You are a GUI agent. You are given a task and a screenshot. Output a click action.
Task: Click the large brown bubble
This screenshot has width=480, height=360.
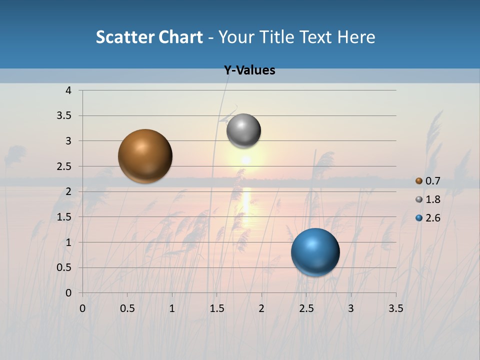click(x=145, y=156)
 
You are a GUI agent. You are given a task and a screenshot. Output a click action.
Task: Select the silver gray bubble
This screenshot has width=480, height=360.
click(x=243, y=131)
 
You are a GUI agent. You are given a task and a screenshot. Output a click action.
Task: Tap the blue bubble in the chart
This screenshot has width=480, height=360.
click(x=315, y=252)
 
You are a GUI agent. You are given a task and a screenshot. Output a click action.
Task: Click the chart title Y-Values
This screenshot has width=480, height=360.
click(x=249, y=70)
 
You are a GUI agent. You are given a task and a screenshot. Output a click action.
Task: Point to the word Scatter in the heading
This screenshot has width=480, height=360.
click(x=124, y=37)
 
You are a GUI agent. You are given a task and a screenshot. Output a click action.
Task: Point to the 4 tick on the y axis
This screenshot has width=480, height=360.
click(x=68, y=90)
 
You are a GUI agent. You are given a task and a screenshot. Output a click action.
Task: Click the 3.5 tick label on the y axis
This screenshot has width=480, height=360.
click(x=64, y=116)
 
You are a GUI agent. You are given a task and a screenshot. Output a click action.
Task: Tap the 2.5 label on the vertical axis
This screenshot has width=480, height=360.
click(x=64, y=166)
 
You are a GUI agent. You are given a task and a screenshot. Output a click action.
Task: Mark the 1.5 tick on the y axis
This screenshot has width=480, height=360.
click(x=64, y=217)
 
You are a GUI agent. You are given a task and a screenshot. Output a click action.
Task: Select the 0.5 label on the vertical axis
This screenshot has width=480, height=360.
click(x=64, y=267)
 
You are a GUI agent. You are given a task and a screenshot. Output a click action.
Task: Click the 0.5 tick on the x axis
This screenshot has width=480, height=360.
click(x=127, y=308)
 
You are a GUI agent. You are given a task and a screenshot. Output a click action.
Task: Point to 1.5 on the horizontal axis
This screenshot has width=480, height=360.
click(x=216, y=308)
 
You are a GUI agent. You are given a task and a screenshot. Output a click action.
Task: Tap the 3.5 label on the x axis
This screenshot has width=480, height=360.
click(x=395, y=308)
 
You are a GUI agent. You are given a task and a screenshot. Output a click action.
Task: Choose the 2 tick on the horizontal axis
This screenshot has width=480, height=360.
click(x=261, y=308)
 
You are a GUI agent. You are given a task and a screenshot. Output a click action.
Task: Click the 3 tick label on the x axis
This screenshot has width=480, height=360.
click(x=351, y=308)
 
